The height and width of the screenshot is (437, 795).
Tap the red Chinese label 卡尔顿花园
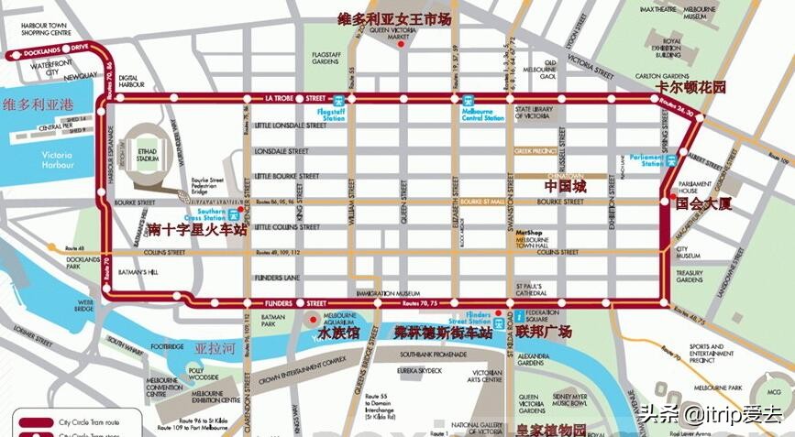[690, 88]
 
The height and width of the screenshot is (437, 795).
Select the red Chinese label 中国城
[565, 186]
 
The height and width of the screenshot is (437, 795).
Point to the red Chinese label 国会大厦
[704, 205]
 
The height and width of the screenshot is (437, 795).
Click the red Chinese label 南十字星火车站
[196, 231]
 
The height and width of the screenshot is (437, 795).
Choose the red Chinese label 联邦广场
[544, 332]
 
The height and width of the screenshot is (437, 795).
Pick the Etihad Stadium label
[147, 155]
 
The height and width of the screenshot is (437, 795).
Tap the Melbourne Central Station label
[482, 115]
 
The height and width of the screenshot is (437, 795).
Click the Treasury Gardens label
[690, 277]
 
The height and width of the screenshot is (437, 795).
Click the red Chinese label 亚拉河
[215, 350]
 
